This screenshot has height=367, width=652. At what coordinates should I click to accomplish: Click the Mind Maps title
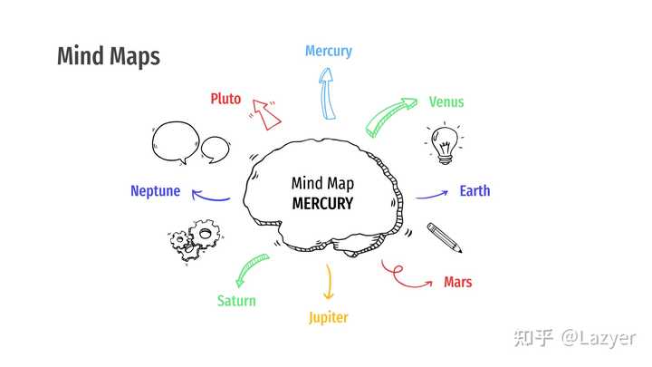[108, 56]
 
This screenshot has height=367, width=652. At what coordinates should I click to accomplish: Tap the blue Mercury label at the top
[328, 51]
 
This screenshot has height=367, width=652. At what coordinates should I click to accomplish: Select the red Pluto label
[225, 98]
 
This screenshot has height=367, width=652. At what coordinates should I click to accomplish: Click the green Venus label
[446, 101]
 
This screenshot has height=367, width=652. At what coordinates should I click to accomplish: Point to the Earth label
[475, 190]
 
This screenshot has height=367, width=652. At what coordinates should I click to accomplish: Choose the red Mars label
[457, 282]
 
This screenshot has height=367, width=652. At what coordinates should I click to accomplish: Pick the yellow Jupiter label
[328, 317]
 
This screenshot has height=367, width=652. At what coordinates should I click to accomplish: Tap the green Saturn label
[236, 300]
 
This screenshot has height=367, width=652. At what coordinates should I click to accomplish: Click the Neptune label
[155, 191]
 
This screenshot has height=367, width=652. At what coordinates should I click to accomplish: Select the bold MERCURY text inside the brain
[322, 203]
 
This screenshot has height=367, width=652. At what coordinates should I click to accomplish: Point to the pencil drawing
[446, 237]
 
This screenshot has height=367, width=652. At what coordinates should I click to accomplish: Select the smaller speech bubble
[216, 148]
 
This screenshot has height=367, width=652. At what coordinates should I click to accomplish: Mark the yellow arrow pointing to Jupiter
[329, 281]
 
